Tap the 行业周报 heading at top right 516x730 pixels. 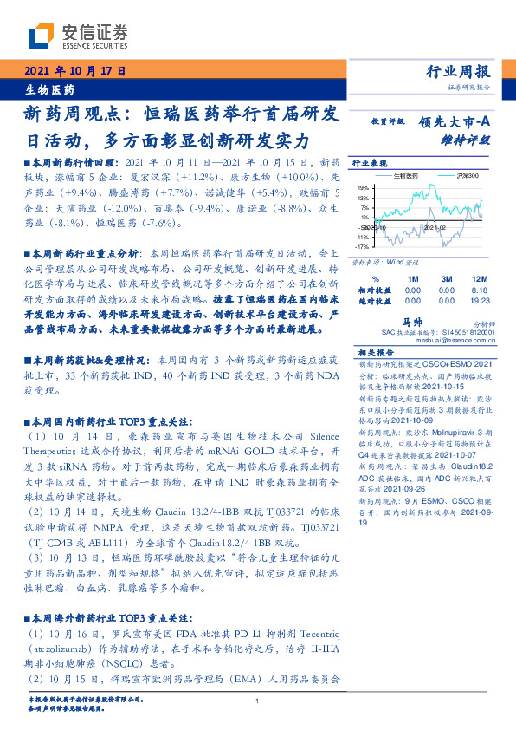[459, 71]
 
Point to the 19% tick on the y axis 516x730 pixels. [363, 187]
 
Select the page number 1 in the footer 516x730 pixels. [258, 701]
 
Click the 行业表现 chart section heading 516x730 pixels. [369, 163]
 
